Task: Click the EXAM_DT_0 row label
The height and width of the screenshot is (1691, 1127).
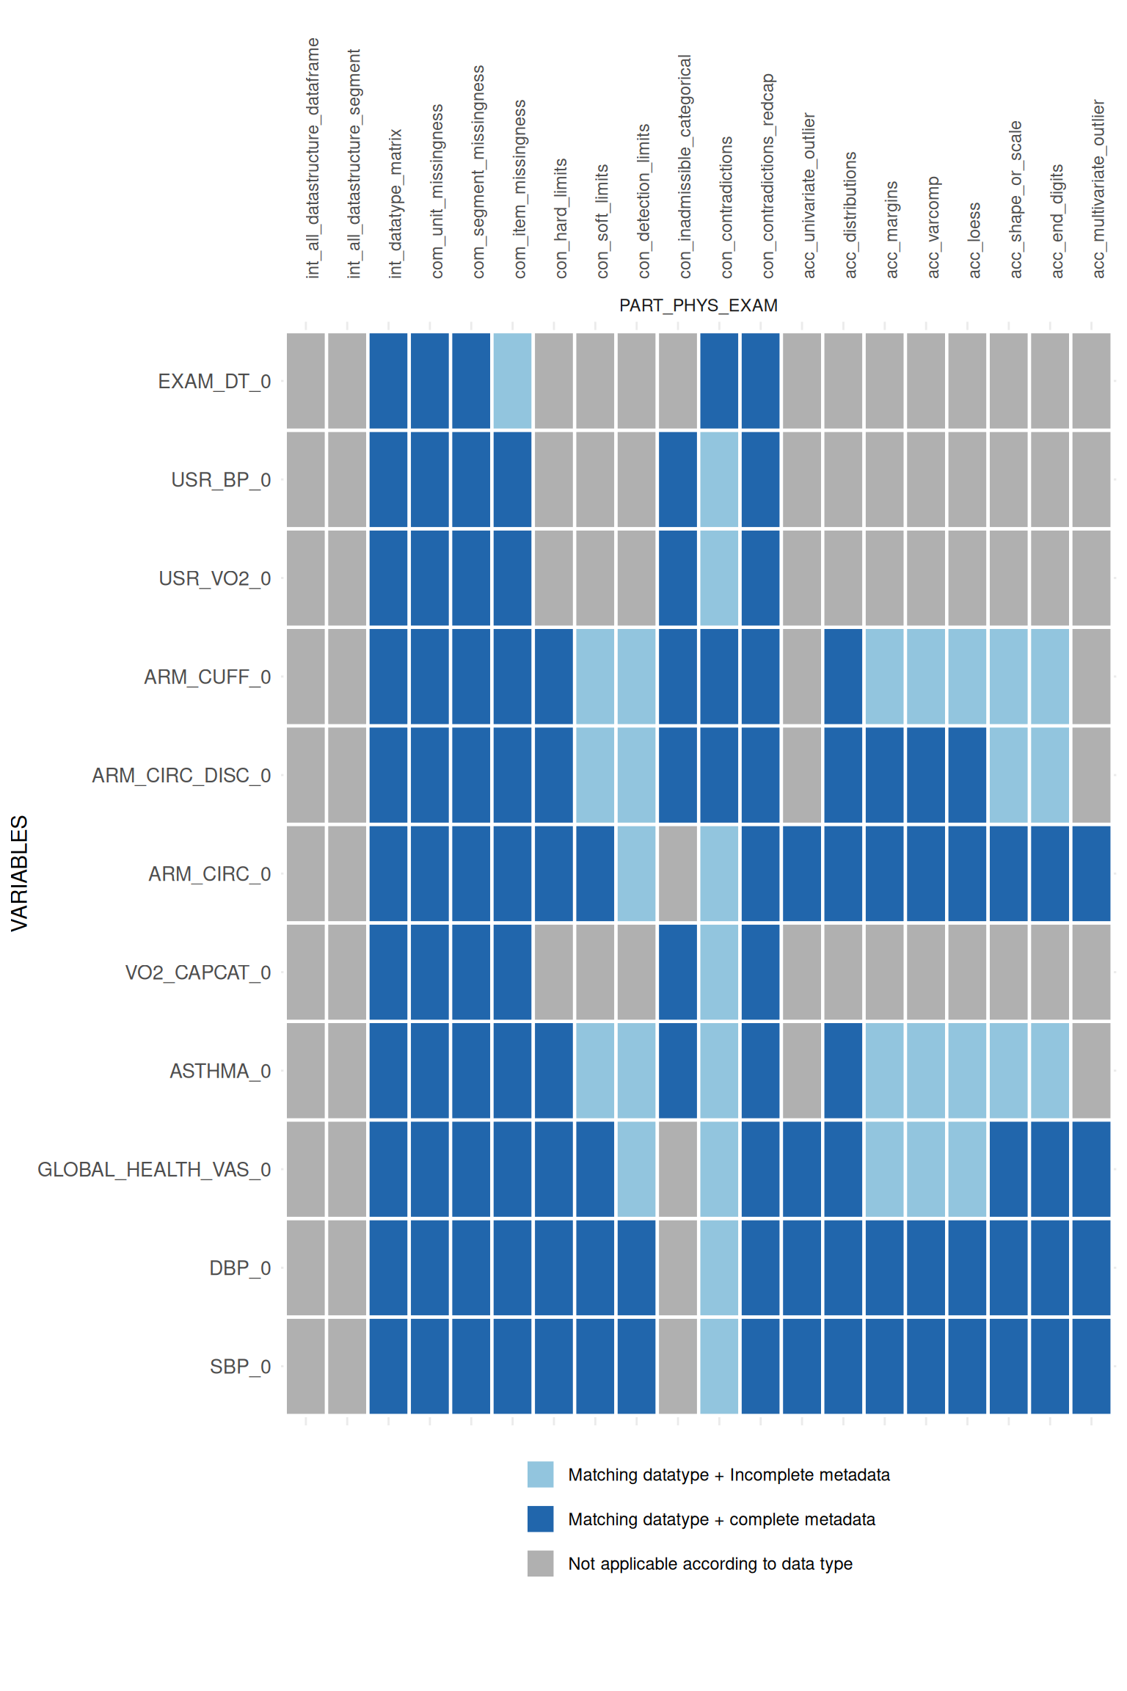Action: [214, 382]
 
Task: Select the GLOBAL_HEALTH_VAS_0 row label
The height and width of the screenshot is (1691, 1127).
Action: [154, 1169]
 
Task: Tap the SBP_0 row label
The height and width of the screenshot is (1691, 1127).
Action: [240, 1367]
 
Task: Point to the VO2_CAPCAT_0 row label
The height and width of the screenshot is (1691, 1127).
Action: [198, 972]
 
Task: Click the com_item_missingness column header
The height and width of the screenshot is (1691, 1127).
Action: [520, 189]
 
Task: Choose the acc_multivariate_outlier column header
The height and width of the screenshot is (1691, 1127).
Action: [1098, 189]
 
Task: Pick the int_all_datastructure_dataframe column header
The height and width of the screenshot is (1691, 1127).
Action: [313, 159]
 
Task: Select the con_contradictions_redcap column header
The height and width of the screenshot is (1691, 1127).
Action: [768, 176]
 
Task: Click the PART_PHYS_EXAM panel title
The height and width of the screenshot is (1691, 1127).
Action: [698, 305]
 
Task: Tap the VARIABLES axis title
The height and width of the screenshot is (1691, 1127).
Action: [20, 873]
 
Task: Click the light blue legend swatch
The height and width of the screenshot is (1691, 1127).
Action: [540, 1474]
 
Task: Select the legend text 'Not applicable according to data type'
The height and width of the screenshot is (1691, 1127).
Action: [710, 1563]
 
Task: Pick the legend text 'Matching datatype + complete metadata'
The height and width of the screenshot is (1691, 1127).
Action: [721, 1519]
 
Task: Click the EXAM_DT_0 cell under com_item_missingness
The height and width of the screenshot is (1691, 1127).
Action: [512, 381]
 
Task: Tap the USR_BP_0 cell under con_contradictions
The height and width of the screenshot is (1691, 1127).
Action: [719, 479]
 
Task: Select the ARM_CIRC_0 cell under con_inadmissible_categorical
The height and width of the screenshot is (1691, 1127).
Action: [678, 873]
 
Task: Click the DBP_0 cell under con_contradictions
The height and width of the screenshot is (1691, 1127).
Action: [719, 1268]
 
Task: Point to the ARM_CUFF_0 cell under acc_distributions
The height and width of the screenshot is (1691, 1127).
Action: [843, 677]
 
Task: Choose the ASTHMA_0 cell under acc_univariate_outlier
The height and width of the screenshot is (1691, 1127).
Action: [802, 1071]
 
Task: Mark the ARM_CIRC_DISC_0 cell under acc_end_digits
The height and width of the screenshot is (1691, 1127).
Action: [1050, 775]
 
